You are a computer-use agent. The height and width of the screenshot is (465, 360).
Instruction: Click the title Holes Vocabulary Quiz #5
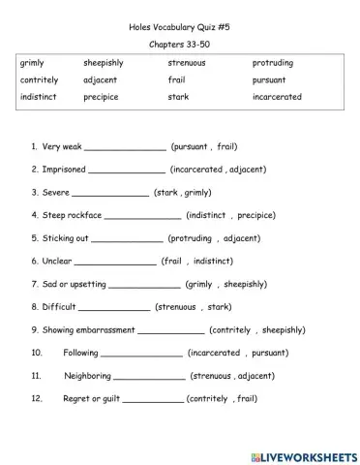click(x=181, y=28)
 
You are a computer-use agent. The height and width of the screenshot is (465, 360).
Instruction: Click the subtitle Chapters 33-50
click(x=181, y=46)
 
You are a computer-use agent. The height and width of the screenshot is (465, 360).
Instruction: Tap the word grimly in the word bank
click(x=31, y=63)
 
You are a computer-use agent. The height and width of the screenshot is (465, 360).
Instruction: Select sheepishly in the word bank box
click(x=105, y=63)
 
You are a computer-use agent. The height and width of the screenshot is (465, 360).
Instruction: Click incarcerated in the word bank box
click(x=277, y=97)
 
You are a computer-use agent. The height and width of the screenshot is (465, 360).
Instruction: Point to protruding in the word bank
click(x=274, y=63)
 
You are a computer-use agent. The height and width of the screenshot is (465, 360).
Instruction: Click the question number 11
click(x=37, y=376)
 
